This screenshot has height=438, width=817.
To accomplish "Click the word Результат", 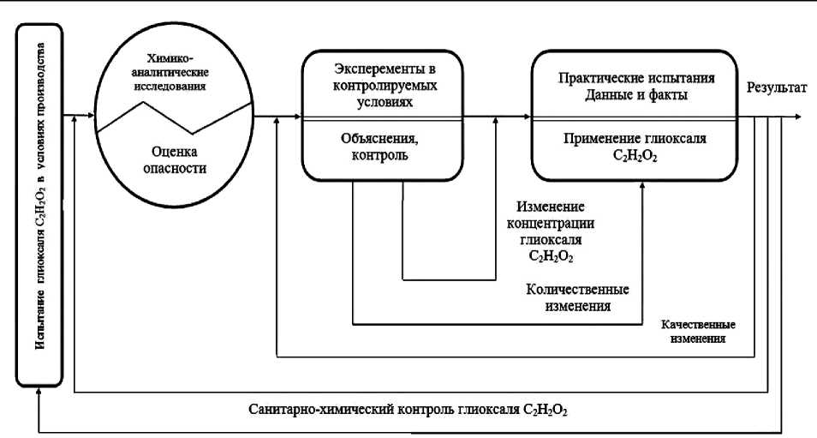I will (776, 88).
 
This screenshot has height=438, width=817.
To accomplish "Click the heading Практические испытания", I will (635, 78).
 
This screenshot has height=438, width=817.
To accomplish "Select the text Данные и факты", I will (635, 95).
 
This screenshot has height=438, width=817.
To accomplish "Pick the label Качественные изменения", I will (699, 332).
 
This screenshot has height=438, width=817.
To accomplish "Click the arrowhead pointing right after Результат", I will (797, 116).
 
